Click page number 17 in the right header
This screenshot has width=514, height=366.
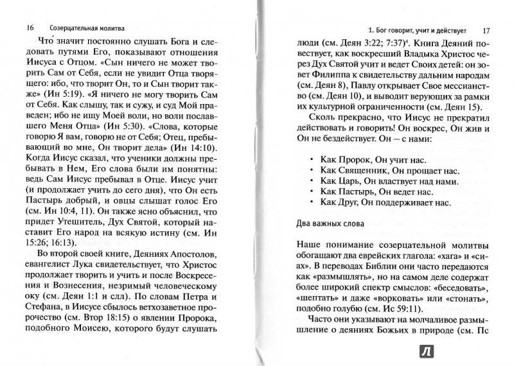486,30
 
